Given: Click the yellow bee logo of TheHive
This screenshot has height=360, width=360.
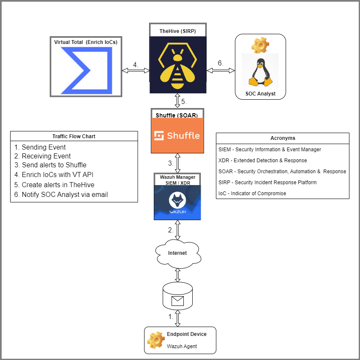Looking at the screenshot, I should click(x=177, y=65).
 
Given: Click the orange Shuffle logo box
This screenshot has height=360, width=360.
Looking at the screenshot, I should click(x=177, y=135).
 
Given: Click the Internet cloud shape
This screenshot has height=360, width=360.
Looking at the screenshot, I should click(x=177, y=253).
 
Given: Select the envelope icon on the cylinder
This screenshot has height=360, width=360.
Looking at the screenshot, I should click(x=177, y=301).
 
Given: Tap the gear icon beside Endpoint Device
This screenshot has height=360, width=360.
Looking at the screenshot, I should click(x=155, y=340).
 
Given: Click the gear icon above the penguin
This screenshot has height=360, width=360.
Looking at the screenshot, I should click(x=259, y=44).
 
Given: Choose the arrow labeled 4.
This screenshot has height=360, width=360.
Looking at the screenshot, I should click(x=135, y=71).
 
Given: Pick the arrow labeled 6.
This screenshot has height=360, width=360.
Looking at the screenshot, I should click(x=220, y=71).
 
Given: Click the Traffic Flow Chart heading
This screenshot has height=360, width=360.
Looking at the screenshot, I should click(x=74, y=136).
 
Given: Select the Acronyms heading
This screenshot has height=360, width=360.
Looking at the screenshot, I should click(x=283, y=138).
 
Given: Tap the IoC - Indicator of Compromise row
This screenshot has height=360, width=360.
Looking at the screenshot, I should click(x=252, y=193).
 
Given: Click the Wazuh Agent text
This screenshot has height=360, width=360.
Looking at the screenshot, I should click(x=182, y=346).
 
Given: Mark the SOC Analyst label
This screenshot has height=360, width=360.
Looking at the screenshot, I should click(x=260, y=94).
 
